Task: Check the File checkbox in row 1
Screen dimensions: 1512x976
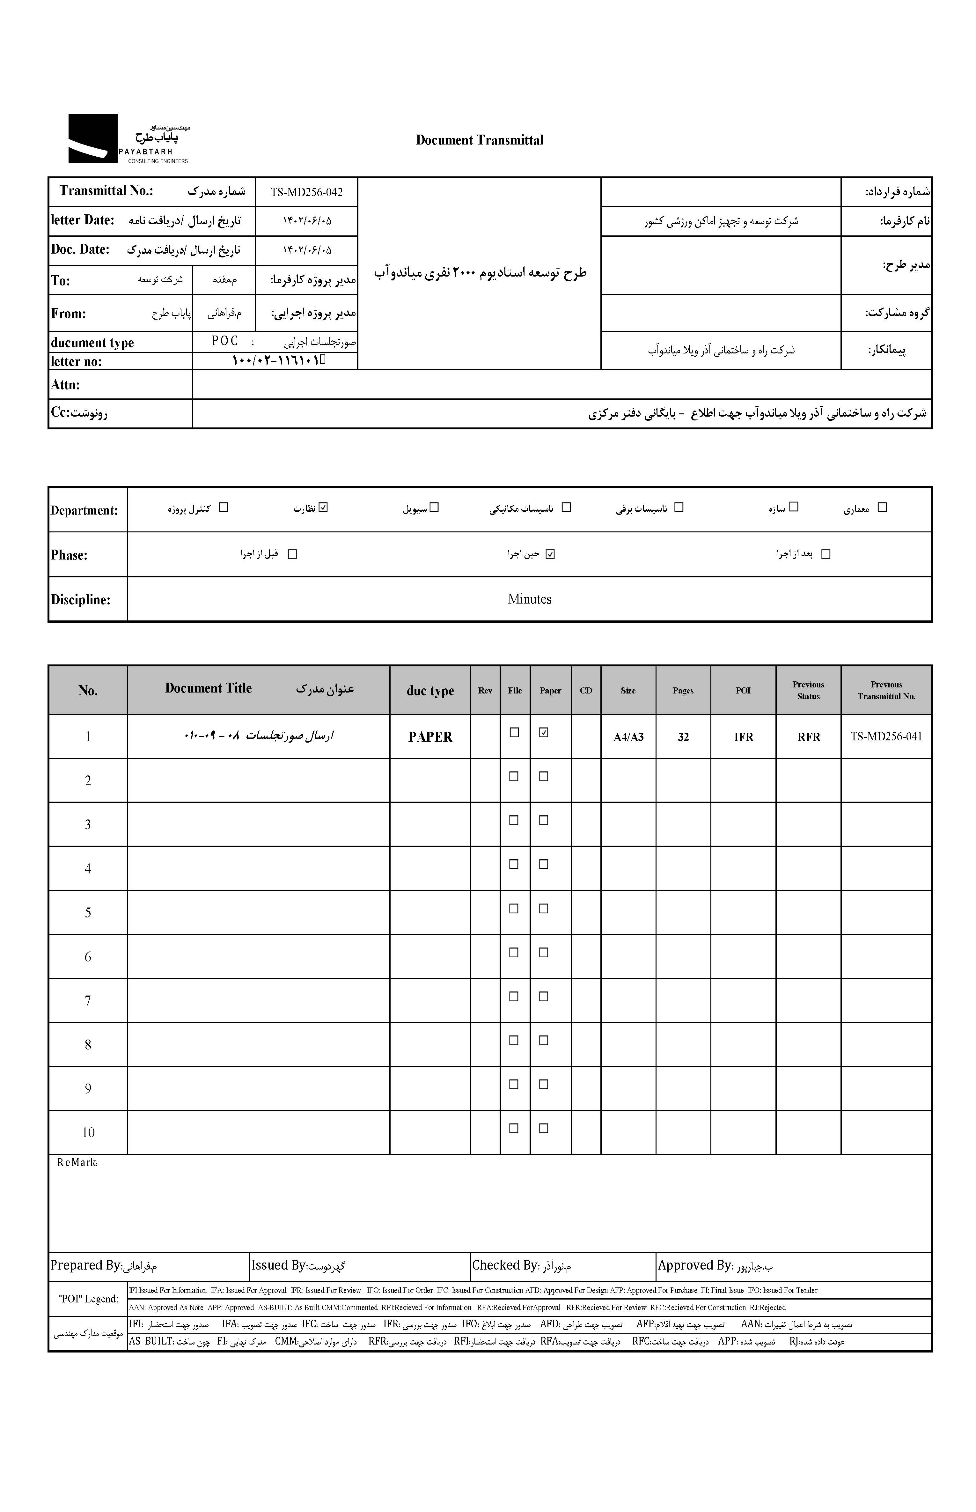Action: (514, 732)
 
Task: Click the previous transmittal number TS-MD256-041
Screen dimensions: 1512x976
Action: (886, 737)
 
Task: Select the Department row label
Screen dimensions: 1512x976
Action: (84, 510)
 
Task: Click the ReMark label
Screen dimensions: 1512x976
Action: (77, 1163)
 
